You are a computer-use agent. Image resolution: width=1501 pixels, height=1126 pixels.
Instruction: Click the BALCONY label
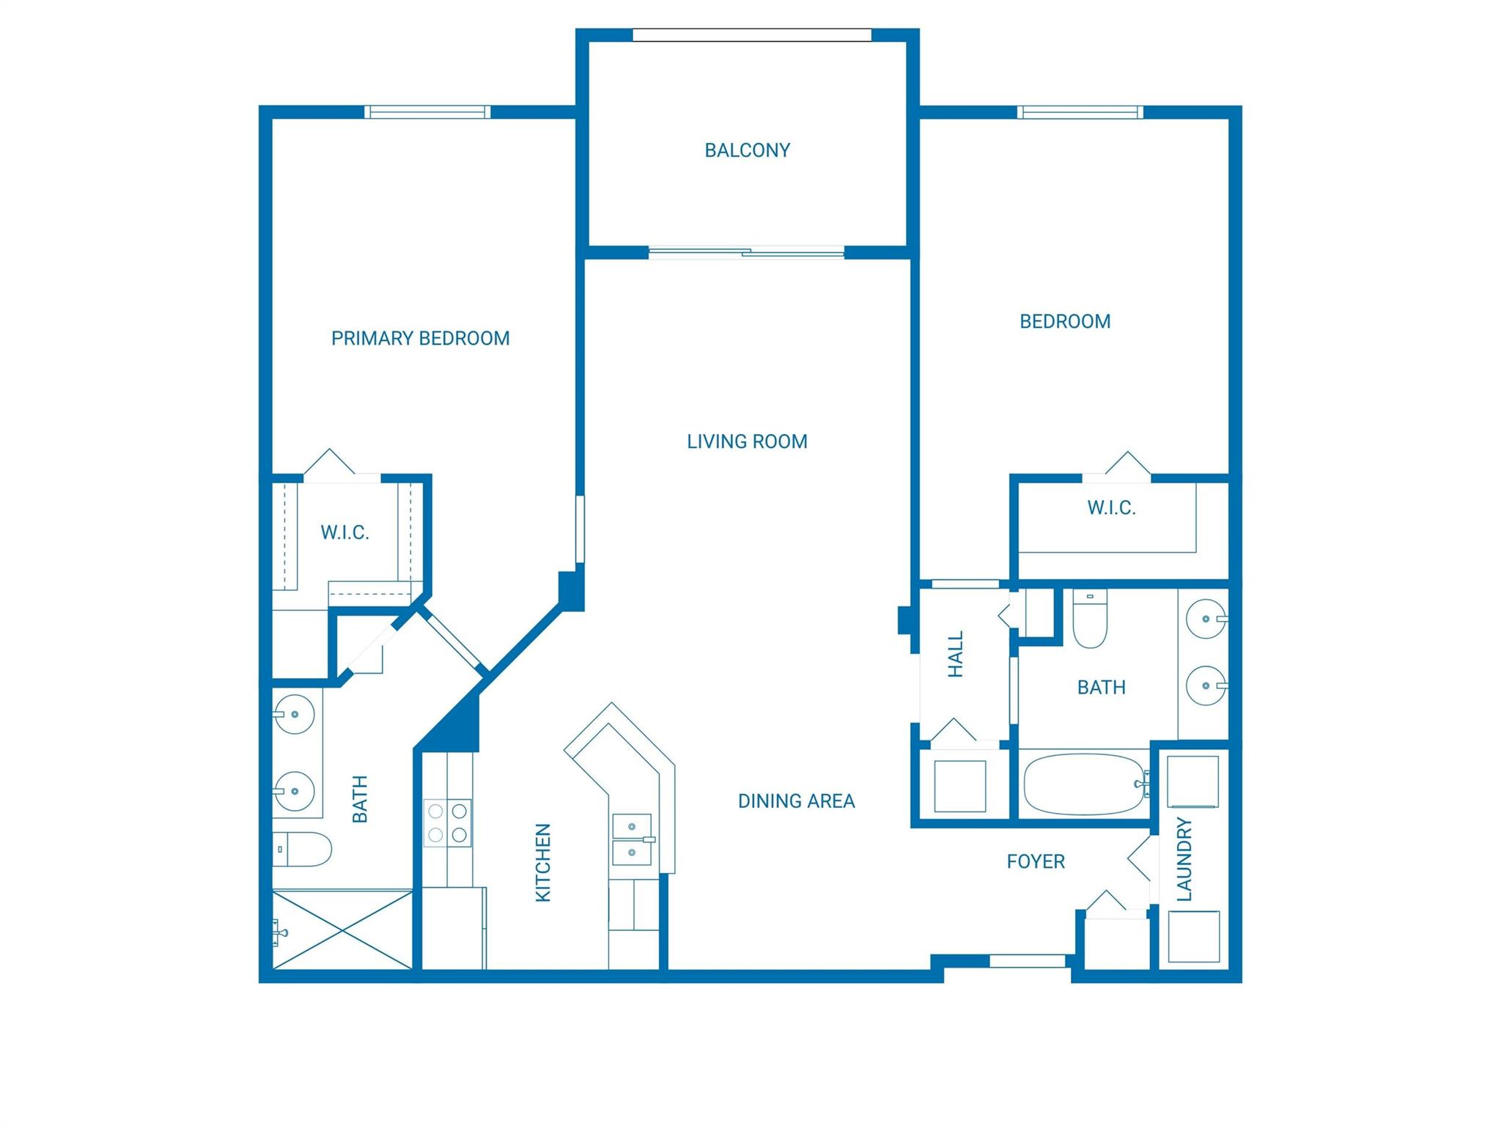[x=747, y=150]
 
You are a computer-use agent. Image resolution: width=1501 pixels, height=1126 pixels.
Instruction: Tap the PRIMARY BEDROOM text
[x=420, y=339]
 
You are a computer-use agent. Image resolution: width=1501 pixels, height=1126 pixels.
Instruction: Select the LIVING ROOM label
[x=747, y=441]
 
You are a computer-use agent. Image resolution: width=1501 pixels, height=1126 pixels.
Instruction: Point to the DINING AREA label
[x=796, y=801]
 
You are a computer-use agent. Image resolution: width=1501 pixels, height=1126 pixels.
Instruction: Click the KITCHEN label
[x=543, y=862]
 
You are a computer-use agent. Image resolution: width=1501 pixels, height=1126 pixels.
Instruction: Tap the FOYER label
[x=1035, y=861]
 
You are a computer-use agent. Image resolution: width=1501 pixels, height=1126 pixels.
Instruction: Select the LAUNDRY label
[x=1184, y=859]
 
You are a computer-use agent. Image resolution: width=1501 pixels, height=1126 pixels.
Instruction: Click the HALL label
[x=956, y=654]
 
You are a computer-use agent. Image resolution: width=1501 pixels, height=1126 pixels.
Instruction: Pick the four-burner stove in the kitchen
[x=447, y=823]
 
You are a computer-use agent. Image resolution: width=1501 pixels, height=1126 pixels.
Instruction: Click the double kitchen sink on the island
[x=632, y=839]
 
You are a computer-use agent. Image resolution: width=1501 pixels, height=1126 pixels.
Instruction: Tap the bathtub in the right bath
[x=1083, y=784]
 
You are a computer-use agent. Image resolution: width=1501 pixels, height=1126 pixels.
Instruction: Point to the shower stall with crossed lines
[x=342, y=930]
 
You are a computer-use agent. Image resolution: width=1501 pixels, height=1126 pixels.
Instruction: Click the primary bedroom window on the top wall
[x=427, y=112]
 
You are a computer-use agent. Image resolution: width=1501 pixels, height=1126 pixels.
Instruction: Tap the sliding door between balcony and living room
[x=746, y=253]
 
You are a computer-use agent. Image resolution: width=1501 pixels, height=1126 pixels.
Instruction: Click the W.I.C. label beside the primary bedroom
[x=344, y=532]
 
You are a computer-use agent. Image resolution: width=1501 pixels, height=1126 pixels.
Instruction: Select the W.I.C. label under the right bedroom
[x=1111, y=508]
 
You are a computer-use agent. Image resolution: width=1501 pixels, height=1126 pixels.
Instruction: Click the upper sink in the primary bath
[x=294, y=713]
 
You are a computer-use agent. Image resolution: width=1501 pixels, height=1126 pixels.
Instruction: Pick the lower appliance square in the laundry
[x=1193, y=936]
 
